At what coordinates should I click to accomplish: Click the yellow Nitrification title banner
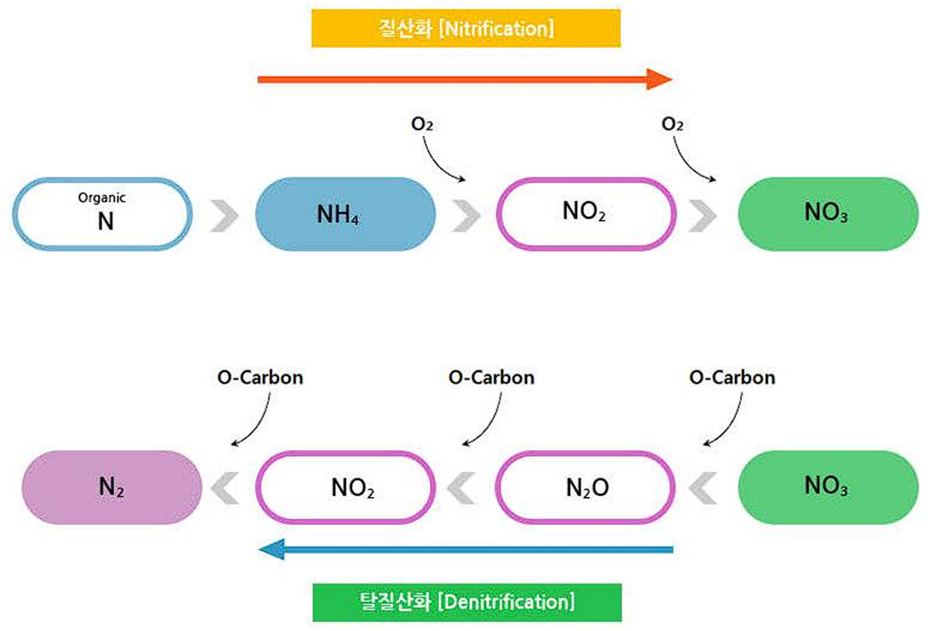(465, 29)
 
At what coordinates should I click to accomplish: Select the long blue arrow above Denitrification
(464, 550)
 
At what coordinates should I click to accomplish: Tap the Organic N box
(103, 214)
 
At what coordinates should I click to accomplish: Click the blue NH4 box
(345, 214)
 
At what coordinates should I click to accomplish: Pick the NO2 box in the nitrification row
(585, 214)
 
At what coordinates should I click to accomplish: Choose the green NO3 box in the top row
(828, 214)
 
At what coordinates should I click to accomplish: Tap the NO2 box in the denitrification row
(345, 487)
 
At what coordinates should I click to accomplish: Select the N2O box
(585, 487)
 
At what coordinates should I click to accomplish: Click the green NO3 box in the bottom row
(828, 487)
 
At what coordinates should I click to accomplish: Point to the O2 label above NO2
(423, 125)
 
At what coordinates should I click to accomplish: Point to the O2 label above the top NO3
(673, 125)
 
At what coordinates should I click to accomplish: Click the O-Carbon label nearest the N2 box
(260, 377)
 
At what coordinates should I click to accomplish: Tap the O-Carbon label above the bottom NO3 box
(732, 377)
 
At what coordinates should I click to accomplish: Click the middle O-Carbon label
(491, 377)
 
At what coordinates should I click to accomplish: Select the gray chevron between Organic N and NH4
(225, 215)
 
